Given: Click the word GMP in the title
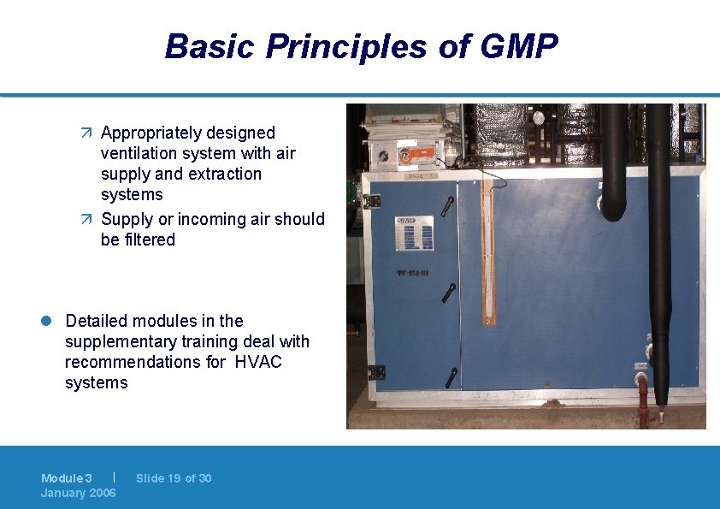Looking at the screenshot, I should (519, 46).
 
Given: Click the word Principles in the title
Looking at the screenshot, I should (345, 46).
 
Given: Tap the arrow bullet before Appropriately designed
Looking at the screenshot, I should (89, 133).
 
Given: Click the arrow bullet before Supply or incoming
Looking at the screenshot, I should (89, 220).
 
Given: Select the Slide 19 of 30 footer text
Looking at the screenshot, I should (173, 478).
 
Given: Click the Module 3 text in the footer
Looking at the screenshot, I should (66, 478).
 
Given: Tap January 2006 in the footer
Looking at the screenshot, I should (78, 493).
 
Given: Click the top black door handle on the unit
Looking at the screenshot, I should (449, 206).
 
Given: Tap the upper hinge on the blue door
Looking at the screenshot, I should (374, 200).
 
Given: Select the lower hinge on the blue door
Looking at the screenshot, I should (375, 372).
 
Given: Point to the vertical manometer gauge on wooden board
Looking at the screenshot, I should (488, 252).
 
